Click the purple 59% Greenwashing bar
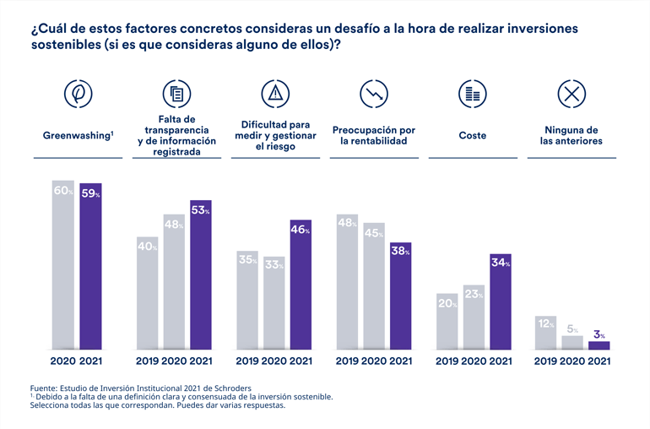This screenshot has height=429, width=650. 90,266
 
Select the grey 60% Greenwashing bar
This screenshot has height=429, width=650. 63,266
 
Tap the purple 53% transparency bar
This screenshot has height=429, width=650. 200,274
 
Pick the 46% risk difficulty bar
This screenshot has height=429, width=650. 301,285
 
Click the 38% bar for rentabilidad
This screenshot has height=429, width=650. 400,296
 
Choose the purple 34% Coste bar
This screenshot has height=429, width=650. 501,301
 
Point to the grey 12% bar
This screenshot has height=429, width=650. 546,333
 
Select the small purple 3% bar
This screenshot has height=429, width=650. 599,345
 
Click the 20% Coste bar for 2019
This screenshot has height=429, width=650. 447,321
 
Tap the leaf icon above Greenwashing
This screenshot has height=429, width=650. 79,94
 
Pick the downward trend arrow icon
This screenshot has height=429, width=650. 373,94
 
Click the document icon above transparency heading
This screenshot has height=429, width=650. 176,94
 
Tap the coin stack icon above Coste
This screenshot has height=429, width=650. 473,94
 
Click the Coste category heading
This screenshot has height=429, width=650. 473,135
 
